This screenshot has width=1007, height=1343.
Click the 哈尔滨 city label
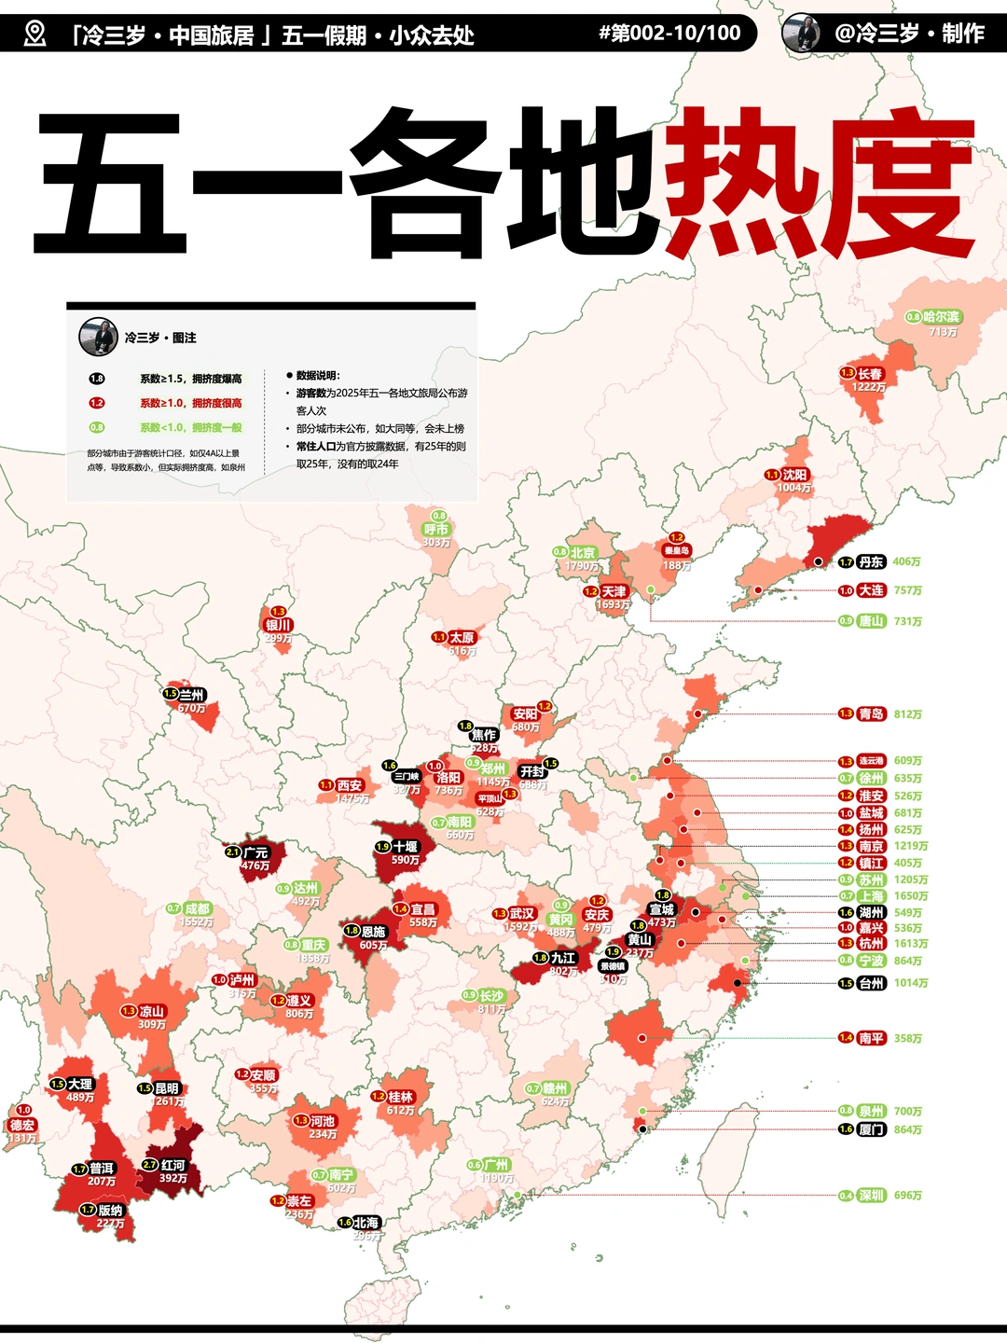tap(941, 317)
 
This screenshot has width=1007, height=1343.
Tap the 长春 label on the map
tap(869, 373)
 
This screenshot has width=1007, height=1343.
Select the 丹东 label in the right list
tap(871, 562)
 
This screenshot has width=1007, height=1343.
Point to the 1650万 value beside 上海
tap(911, 896)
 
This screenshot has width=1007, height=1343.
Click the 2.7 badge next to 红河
tap(150, 1165)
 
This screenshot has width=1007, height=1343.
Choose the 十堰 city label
tap(406, 847)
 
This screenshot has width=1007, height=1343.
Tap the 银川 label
tap(279, 625)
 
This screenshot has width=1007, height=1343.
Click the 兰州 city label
tap(192, 695)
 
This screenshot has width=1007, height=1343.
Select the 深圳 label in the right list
tap(871, 1196)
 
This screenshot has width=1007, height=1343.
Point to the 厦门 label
tap(871, 1129)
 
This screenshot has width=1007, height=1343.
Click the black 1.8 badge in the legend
tap(97, 379)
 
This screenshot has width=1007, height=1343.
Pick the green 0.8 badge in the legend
tap(97, 427)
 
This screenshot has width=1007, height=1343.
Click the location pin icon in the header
tap(34, 34)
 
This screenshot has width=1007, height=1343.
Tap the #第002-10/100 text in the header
tap(669, 34)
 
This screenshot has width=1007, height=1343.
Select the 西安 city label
tap(350, 785)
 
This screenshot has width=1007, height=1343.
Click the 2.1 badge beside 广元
tap(233, 852)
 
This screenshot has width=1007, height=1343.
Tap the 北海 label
tap(366, 1223)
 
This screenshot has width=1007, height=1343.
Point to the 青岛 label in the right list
tap(871, 714)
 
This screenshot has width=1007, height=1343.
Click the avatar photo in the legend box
tap(98, 337)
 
